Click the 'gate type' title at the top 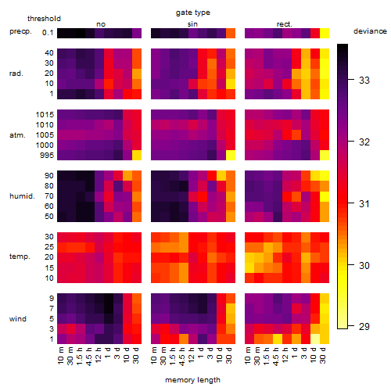(193, 13)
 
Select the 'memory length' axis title (192, 380)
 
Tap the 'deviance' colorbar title (370, 31)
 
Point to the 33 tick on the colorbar (351, 80)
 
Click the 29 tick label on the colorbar (364, 326)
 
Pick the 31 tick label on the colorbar (364, 203)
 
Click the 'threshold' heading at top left (44, 19)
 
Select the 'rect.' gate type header (284, 24)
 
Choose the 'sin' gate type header (192, 24)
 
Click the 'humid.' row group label (22, 196)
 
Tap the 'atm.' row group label (17, 135)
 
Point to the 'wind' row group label (18, 319)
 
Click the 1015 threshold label (45, 115)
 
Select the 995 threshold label (47, 156)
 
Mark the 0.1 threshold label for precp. (48, 33)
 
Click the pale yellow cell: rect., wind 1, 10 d (315, 339)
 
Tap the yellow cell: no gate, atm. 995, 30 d (137, 155)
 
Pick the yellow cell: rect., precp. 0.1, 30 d (325, 33)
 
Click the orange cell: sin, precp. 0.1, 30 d (231, 33)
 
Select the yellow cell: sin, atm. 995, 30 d (231, 155)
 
